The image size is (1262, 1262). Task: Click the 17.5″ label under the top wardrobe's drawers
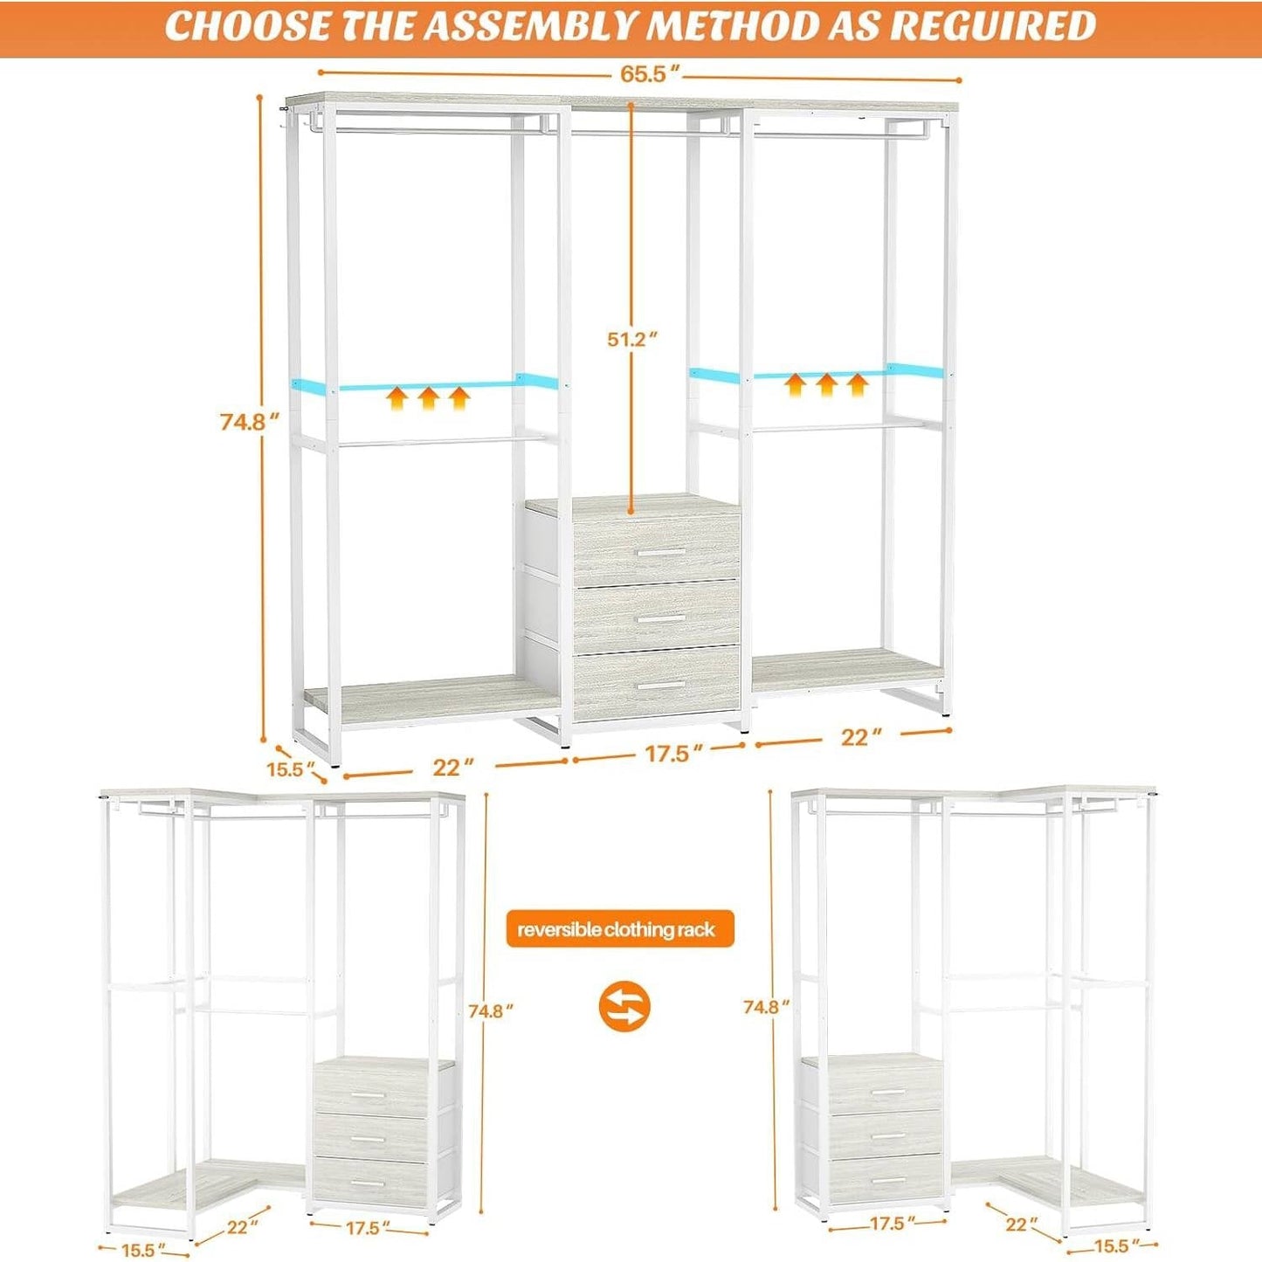point(667,754)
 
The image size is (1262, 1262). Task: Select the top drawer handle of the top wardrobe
point(660,553)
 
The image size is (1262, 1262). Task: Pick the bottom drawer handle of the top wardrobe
point(660,686)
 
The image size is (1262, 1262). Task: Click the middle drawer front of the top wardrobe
point(657,616)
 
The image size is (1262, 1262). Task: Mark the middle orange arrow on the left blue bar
point(428,399)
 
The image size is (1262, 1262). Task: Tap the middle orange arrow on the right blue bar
point(826,383)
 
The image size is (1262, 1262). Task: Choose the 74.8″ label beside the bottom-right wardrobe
point(767,1007)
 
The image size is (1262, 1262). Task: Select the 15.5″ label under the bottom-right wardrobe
point(1117,1246)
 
